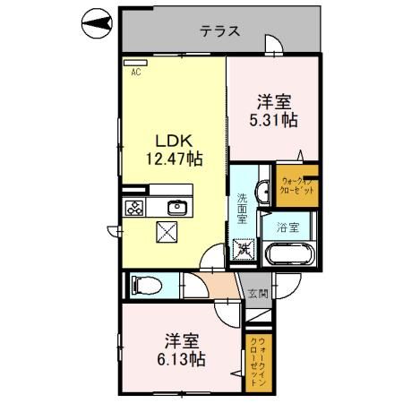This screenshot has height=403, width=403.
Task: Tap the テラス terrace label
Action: [x=219, y=30]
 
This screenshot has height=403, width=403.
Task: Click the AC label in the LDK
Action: [x=137, y=73]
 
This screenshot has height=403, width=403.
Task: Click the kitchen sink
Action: [x=176, y=209]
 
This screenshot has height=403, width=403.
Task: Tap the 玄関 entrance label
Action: [x=257, y=293]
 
